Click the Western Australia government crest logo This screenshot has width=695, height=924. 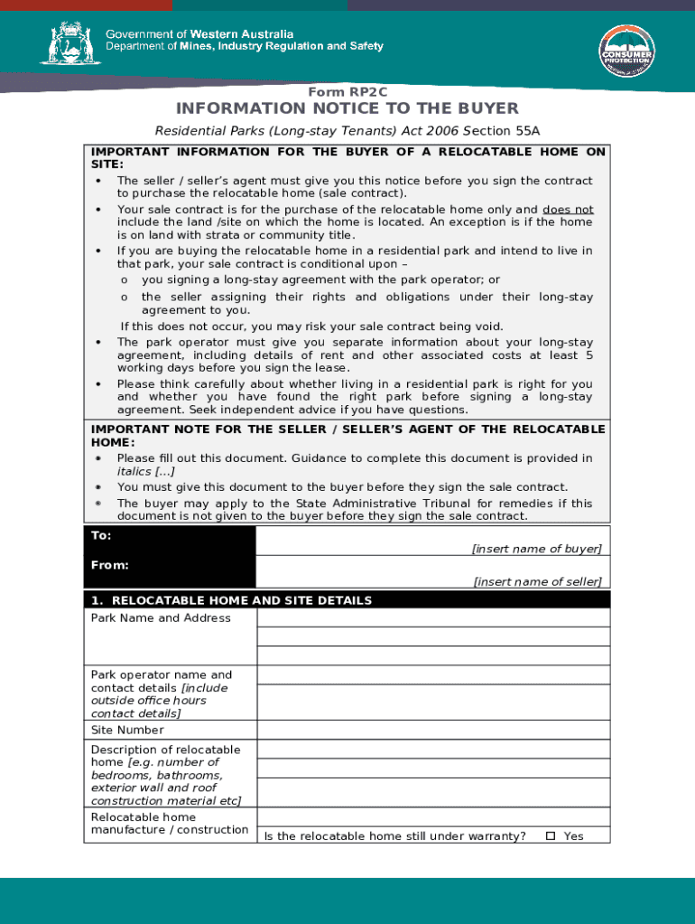click(65, 42)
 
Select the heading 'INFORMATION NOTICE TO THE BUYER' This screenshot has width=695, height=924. click(347, 109)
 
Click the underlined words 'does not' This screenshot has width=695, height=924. click(568, 208)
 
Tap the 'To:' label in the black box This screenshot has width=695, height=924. click(101, 536)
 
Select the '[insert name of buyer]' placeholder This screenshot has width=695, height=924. click(536, 549)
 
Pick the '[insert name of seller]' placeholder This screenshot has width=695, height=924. click(537, 582)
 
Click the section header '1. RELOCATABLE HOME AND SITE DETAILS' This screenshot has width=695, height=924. click(231, 600)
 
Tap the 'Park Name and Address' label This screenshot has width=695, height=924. click(161, 618)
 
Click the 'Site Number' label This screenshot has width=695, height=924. click(127, 730)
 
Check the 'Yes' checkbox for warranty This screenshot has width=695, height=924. click(551, 836)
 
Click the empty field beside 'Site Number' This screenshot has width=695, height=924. click(433, 730)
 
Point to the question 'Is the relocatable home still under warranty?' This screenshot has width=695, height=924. click(395, 836)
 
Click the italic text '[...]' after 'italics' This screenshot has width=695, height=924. click(164, 472)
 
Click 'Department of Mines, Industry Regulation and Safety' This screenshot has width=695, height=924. click(244, 46)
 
